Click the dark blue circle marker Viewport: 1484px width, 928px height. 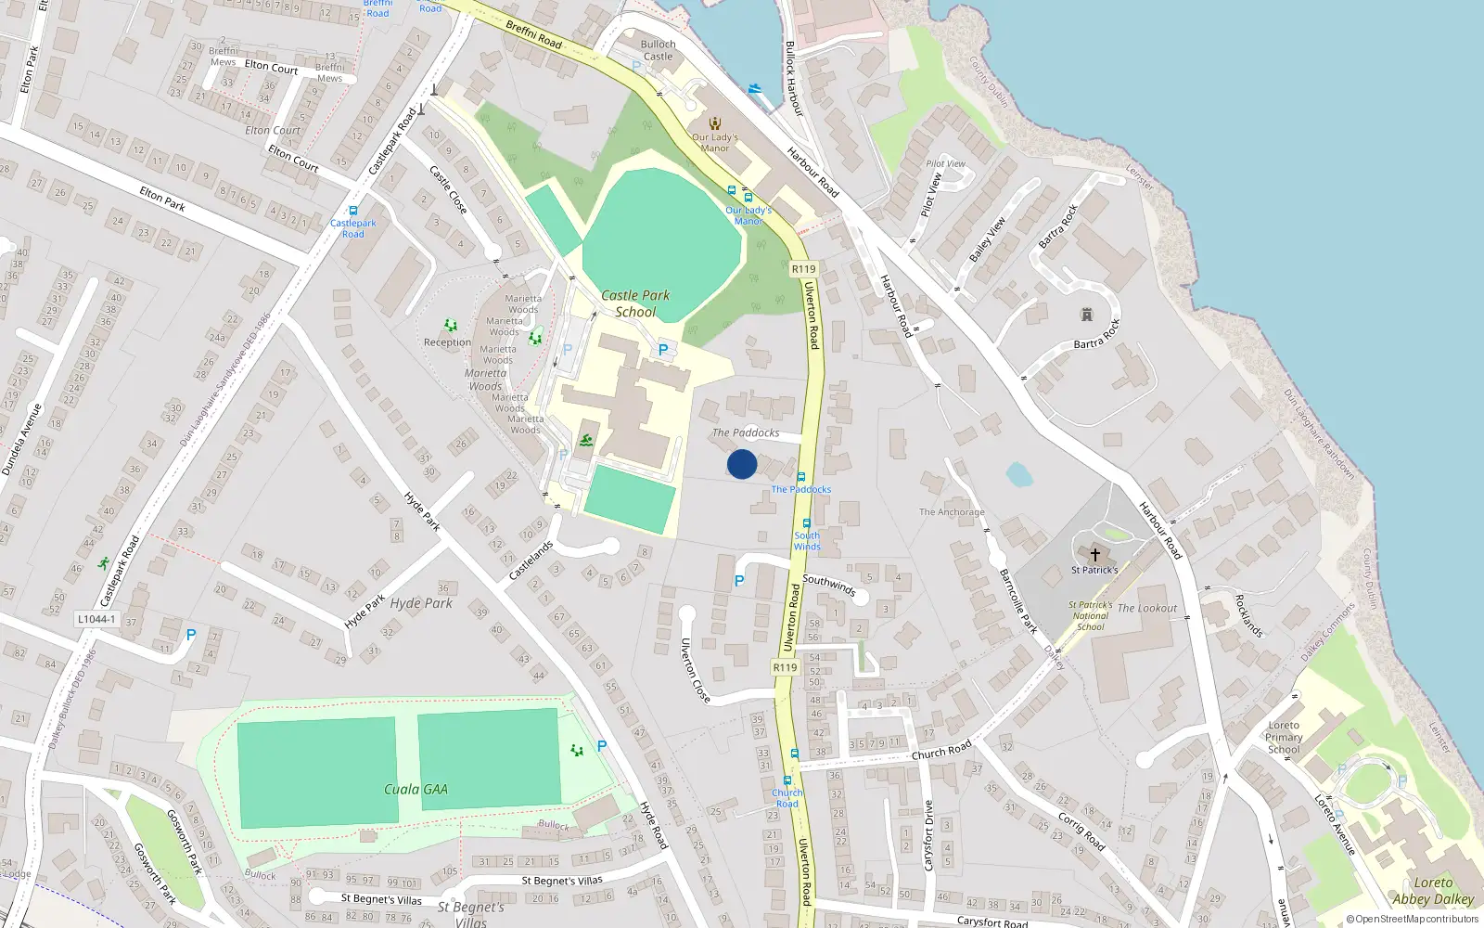(x=742, y=464)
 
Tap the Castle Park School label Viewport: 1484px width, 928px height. (x=635, y=303)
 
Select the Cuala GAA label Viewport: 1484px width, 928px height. (x=416, y=790)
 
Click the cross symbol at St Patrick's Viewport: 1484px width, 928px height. (x=1094, y=554)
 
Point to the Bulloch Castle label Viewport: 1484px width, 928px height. (x=658, y=50)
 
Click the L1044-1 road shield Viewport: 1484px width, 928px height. (x=96, y=619)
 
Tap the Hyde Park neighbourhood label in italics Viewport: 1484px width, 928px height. (x=421, y=603)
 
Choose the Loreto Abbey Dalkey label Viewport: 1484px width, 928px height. (x=1433, y=891)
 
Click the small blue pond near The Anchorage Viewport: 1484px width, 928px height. (x=1018, y=475)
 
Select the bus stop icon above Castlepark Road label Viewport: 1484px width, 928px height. (x=352, y=211)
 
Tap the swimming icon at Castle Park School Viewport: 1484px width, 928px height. (x=586, y=440)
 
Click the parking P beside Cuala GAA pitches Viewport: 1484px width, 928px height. (x=602, y=746)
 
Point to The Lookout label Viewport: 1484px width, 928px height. (x=1147, y=609)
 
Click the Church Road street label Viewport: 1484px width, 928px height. (x=941, y=750)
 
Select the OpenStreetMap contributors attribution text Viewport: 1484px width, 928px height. (x=1413, y=920)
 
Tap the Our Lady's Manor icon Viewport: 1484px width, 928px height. (x=715, y=123)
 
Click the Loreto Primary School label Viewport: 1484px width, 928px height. (x=1284, y=738)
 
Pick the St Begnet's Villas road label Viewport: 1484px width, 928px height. (x=562, y=881)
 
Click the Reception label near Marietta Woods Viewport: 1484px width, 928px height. (x=447, y=342)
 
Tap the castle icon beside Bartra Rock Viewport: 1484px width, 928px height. (x=1086, y=316)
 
